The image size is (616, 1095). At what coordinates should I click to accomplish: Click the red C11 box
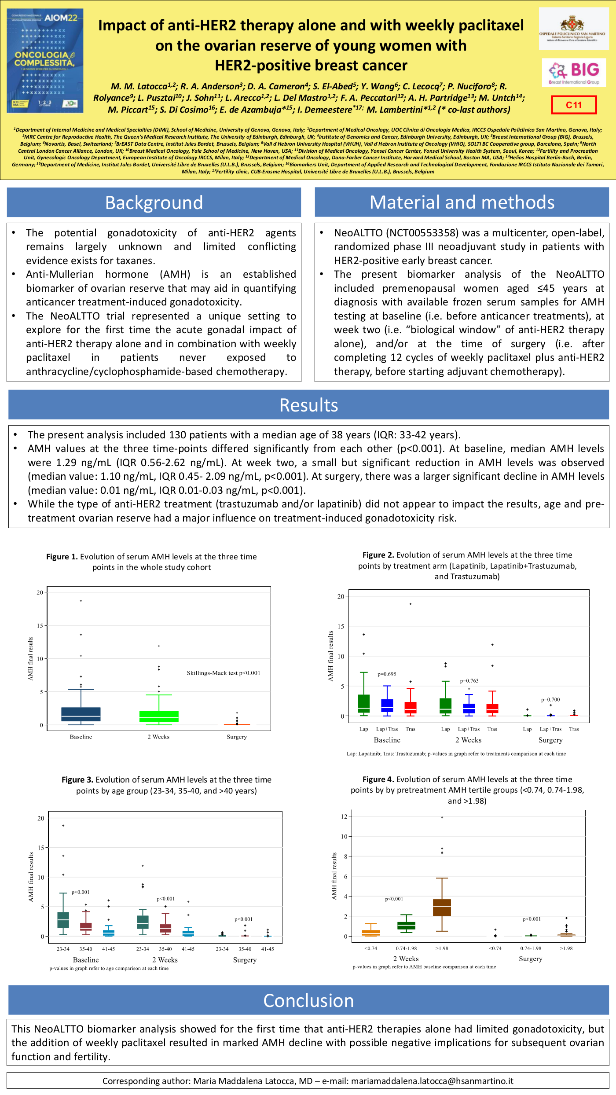[x=574, y=105]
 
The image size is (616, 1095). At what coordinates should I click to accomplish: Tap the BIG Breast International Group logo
[x=574, y=72]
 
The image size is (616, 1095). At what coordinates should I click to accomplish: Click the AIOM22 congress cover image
[x=45, y=61]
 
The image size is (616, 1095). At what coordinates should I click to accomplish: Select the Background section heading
[x=154, y=202]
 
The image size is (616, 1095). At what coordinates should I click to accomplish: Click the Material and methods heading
[x=462, y=202]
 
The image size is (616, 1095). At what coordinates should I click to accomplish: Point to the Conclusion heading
[x=308, y=1000]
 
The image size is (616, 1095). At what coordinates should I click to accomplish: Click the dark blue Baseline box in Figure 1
[x=81, y=714]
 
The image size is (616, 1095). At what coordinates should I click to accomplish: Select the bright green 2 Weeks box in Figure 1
[x=159, y=716]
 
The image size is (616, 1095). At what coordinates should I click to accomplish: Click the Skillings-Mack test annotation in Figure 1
[x=224, y=673]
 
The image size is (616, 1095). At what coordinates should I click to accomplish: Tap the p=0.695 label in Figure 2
[x=387, y=674]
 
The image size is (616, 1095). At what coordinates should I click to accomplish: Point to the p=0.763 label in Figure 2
[x=469, y=681]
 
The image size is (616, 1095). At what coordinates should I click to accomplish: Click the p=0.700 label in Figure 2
[x=550, y=699]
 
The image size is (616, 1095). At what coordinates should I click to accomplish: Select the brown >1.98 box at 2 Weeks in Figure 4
[x=442, y=907]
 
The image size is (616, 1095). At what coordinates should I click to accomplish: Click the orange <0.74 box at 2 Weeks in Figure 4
[x=371, y=933]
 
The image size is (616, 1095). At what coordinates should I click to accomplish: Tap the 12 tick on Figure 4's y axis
[x=344, y=816]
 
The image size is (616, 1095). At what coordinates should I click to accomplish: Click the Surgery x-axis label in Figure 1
[x=237, y=737]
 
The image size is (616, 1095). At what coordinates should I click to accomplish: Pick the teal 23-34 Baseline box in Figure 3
[x=63, y=920]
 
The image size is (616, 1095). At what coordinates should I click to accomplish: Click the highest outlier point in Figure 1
[x=81, y=601]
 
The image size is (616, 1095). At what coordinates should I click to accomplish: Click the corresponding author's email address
[x=432, y=1081]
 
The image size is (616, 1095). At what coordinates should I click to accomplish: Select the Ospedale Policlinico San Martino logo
[x=574, y=29]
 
